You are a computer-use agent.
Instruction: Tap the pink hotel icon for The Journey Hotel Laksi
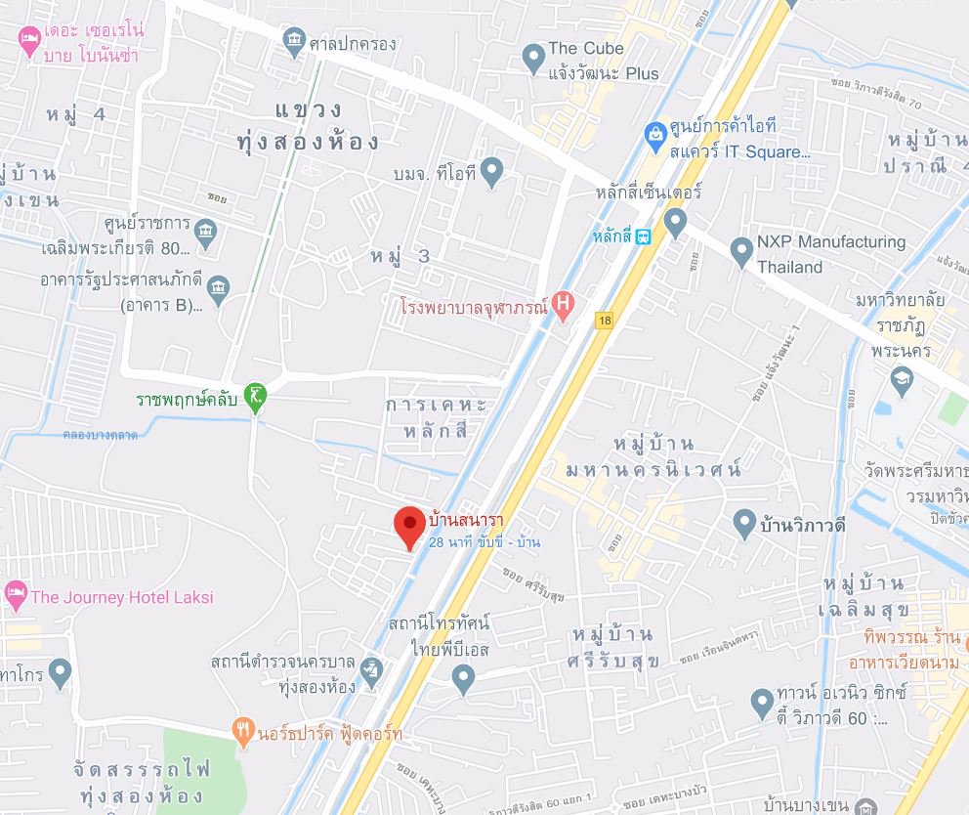(15, 594)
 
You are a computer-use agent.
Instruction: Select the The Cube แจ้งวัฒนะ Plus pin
(533, 58)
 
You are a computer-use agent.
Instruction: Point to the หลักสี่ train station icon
(643, 237)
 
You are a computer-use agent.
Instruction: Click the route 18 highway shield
(606, 320)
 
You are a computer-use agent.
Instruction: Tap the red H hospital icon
(563, 304)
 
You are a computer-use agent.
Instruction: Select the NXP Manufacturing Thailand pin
(741, 251)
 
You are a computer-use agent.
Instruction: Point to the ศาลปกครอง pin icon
(293, 41)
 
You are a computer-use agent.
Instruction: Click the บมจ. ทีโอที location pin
(491, 172)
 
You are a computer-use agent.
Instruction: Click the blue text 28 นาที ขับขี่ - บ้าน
(484, 542)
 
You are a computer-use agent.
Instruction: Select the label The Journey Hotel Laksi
(122, 596)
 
